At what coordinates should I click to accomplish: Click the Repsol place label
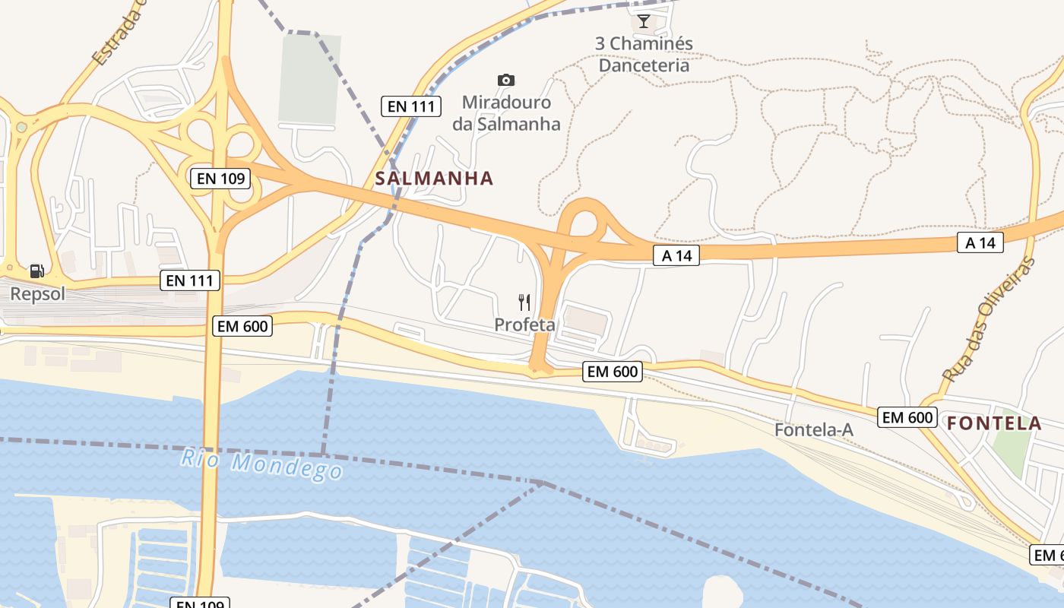37,294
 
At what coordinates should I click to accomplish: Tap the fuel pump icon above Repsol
36,271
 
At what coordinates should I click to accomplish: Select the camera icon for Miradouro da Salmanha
505,80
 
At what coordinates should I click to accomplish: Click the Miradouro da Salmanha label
506,112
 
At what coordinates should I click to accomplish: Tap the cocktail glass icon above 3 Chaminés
644,21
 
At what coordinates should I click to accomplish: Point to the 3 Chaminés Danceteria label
644,54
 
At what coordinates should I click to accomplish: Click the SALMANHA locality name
434,179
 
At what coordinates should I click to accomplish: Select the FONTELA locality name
995,423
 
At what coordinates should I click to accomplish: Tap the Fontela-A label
813,430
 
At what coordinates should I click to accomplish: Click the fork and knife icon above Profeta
524,302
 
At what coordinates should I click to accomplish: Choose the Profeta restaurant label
524,325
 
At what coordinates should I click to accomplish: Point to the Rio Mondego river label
262,464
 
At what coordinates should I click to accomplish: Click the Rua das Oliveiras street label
989,319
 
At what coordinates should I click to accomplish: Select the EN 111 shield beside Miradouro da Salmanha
411,106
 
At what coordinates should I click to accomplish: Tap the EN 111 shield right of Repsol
192,280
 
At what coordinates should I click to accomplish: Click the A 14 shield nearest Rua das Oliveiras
980,242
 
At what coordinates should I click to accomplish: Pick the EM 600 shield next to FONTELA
906,417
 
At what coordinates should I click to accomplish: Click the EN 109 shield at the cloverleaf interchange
220,179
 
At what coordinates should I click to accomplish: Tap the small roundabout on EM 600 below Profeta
539,372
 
